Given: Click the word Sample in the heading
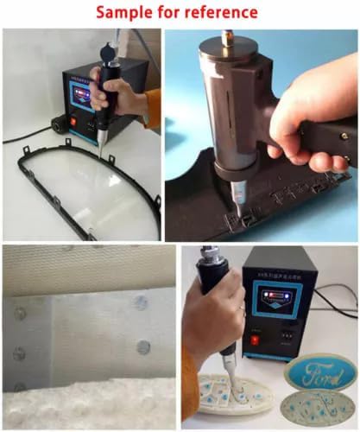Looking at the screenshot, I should click(x=126, y=12).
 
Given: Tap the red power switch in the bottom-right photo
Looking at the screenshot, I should click(x=253, y=339).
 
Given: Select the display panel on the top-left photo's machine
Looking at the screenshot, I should click(x=84, y=96).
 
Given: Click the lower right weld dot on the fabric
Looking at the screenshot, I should click(x=143, y=346).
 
